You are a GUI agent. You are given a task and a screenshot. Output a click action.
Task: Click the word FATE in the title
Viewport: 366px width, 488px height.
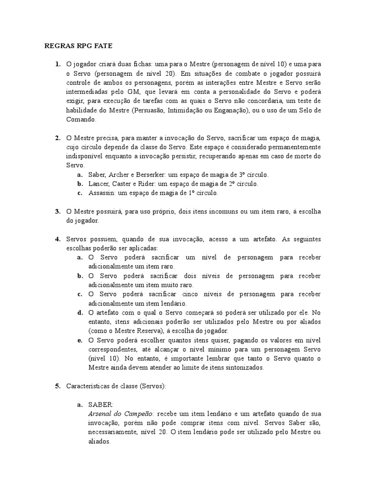[x=101, y=46]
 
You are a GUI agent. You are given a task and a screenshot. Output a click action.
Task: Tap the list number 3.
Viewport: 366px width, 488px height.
[x=57, y=211]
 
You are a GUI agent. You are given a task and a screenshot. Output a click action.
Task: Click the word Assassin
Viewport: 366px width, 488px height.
[x=102, y=193]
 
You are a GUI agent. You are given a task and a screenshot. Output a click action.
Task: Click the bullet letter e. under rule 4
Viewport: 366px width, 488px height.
[x=80, y=340]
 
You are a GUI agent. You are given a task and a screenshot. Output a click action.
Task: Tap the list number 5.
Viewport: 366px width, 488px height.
[x=57, y=386]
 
